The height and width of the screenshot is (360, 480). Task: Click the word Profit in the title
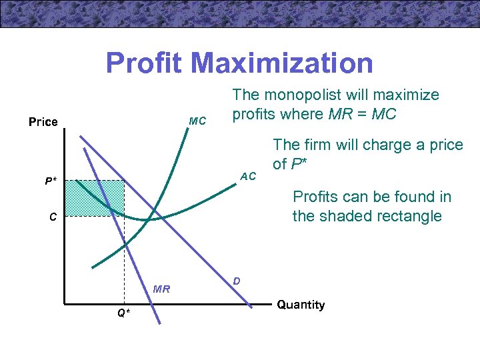pyautogui.click(x=143, y=63)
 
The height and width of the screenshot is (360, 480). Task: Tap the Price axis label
pyautogui.click(x=43, y=122)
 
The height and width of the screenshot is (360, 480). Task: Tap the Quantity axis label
pyautogui.click(x=301, y=305)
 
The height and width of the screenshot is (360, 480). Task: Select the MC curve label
pyautogui.click(x=197, y=121)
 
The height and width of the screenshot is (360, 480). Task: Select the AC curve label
pyautogui.click(x=248, y=176)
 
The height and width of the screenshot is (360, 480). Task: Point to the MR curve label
pyautogui.click(x=161, y=289)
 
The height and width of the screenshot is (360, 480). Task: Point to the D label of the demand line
pyautogui.click(x=237, y=282)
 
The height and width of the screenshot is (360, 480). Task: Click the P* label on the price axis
pyautogui.click(x=51, y=181)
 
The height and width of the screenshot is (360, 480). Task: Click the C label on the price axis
pyautogui.click(x=52, y=217)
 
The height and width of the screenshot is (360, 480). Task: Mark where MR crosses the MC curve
pyautogui.click(x=124, y=245)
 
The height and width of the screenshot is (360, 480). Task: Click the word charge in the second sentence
pyautogui.click(x=381, y=145)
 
